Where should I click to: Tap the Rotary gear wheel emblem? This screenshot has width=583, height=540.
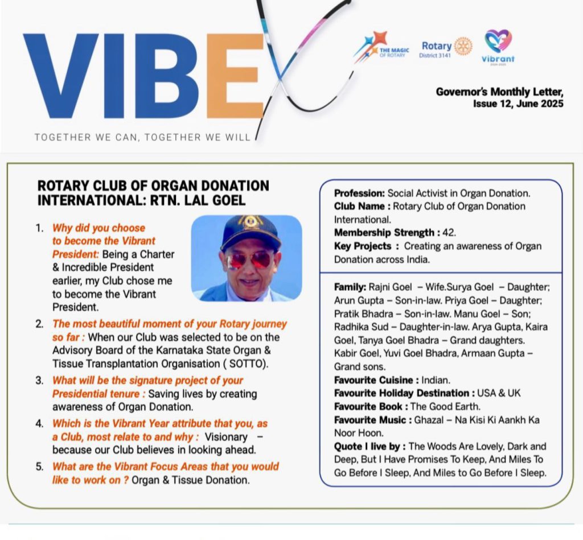point(463,46)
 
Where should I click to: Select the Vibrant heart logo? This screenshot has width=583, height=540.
point(498,42)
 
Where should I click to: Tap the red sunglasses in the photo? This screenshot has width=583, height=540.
point(249,259)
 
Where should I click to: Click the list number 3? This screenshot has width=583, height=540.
point(39,381)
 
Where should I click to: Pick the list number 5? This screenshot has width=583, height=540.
point(39,467)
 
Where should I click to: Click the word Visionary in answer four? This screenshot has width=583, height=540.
point(226,437)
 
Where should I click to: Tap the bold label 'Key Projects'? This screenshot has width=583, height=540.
point(363,246)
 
